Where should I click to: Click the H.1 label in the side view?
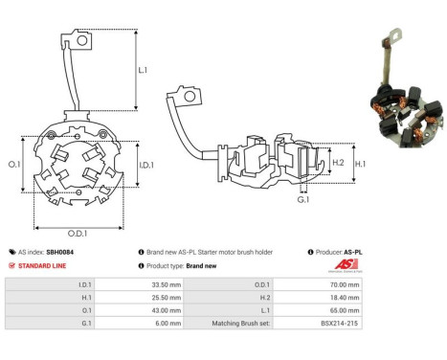(362, 163)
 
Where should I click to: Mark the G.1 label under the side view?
(302, 199)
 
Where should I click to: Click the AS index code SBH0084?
(58, 252)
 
